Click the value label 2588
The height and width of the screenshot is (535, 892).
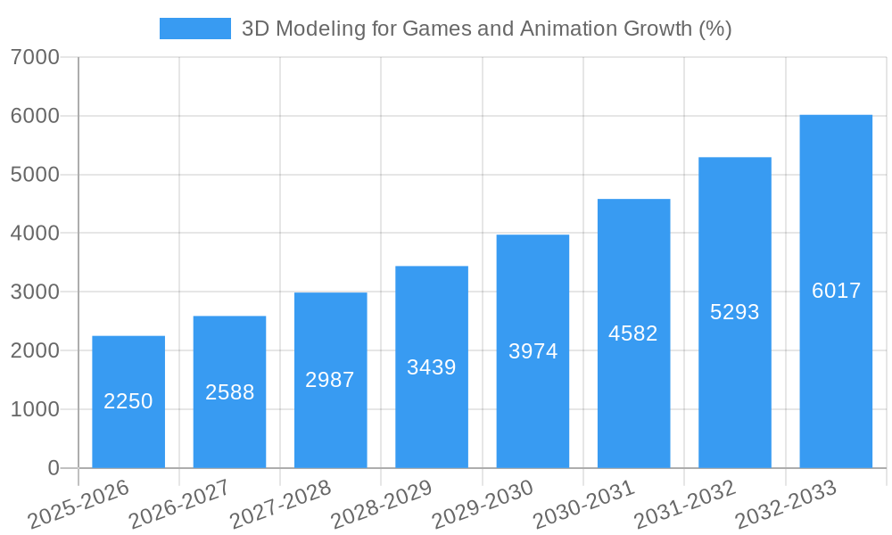tap(230, 392)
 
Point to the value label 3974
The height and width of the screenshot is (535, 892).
tap(533, 351)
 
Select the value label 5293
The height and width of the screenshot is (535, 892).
tap(735, 312)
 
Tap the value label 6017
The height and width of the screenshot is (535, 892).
tap(836, 291)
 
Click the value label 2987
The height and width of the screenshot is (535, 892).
tap(330, 380)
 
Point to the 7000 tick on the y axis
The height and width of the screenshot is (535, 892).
tap(36, 58)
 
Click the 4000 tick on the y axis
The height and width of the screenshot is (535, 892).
tap(36, 234)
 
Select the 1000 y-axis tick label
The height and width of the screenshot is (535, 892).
tap(36, 409)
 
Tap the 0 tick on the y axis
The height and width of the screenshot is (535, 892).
tap(53, 468)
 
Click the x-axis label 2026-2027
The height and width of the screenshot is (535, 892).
tap(179, 504)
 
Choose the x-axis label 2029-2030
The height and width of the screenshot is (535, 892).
tap(483, 504)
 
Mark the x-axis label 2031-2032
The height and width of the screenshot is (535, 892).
tap(685, 504)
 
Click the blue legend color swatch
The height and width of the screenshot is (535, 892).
tap(194, 29)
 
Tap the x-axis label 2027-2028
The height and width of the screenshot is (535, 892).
tap(280, 504)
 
